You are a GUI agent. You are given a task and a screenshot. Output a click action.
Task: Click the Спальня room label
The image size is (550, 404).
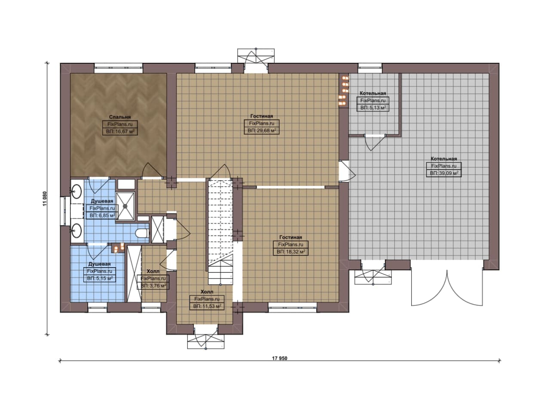pyautogui.click(x=120, y=117)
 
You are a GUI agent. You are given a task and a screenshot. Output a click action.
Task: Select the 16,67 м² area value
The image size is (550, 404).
pyautogui.click(x=120, y=132)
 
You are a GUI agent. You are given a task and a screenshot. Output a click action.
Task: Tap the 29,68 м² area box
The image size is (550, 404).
pyautogui.click(x=262, y=130)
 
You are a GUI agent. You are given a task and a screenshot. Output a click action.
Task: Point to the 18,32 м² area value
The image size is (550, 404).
pyautogui.click(x=291, y=252)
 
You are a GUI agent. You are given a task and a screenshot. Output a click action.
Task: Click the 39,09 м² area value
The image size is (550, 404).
pyautogui.click(x=444, y=173)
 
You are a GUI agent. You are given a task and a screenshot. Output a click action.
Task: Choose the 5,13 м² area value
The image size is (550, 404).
pyautogui.click(x=373, y=108)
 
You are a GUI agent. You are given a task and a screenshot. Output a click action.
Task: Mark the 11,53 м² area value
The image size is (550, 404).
pyautogui.click(x=207, y=306)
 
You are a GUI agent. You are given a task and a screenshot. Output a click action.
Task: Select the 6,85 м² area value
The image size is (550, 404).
pyautogui.click(x=102, y=216)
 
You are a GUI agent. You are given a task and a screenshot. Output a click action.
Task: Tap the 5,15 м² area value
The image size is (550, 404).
pyautogui.click(x=100, y=279)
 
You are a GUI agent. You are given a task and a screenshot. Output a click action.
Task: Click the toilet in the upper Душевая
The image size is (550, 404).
pyautogui.click(x=142, y=233)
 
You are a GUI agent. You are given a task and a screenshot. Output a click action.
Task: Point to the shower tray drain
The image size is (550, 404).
pyautogui.click(x=125, y=206)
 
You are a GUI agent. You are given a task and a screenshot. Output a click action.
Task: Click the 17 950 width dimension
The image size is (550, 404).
pyautogui.click(x=279, y=358)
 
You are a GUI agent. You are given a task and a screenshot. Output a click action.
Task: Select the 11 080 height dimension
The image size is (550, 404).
pyautogui.click(x=45, y=199)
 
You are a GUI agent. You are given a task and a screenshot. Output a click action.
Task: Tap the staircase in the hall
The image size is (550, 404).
pyautogui.click(x=220, y=232)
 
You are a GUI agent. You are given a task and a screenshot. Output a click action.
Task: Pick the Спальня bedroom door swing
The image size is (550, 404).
pyautogui.click(x=152, y=170)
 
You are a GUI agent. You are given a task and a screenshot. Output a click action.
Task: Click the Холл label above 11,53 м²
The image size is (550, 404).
pyautogui.click(x=207, y=292)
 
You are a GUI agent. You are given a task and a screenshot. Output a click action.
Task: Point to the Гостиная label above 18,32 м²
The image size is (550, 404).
pyautogui.click(x=291, y=237)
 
